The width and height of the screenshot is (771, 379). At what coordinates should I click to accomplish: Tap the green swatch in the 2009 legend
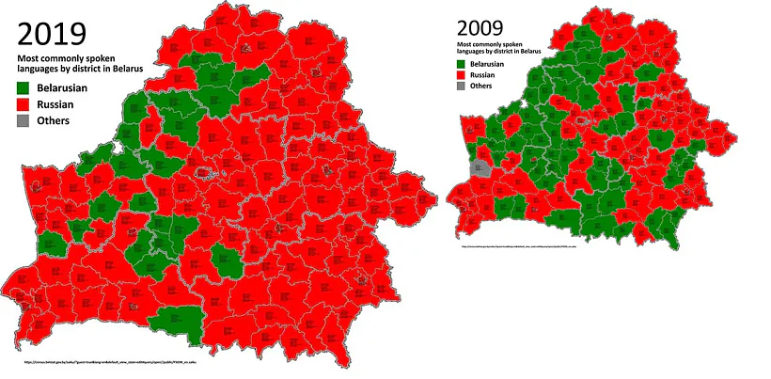(461, 64)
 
